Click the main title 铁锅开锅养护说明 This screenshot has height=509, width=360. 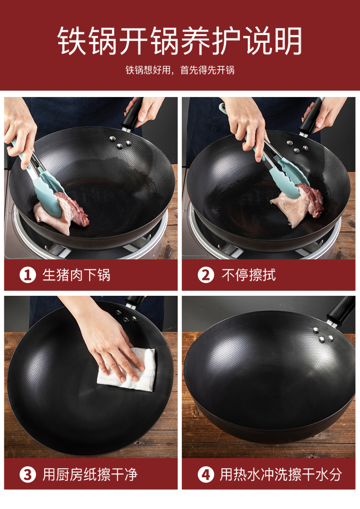(180, 41)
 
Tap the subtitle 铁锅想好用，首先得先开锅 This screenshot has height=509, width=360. (180, 70)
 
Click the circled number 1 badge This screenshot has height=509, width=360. (27, 275)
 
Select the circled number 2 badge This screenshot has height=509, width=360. (206, 275)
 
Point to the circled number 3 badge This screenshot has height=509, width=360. (27, 474)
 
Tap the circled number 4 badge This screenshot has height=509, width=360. (206, 474)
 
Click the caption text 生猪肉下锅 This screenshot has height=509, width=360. (76, 275)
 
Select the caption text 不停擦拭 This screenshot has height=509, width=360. (249, 275)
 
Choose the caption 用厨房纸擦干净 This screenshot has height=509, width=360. (90, 474)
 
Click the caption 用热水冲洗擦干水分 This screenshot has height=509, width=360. (281, 474)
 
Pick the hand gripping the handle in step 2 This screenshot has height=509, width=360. (324, 114)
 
